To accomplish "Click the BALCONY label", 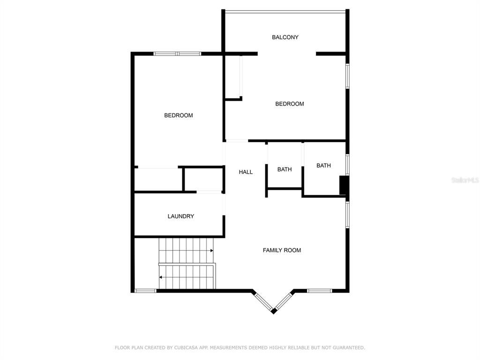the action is point(285,37).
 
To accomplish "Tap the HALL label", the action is point(246,172).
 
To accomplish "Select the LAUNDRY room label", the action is point(180,216).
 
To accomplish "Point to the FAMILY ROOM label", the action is point(282,250).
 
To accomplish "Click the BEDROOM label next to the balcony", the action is point(289,104).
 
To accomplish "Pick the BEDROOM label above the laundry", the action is point(179,115).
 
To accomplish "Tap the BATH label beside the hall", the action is point(285,169).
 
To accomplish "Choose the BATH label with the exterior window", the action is point(323,165).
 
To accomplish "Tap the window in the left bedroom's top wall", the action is point(177,54).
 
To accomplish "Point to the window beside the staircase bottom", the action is point(145,291).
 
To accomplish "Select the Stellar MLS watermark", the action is point(465,180).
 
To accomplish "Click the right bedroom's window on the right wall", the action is point(347,76).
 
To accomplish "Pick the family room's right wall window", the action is point(347,215).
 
